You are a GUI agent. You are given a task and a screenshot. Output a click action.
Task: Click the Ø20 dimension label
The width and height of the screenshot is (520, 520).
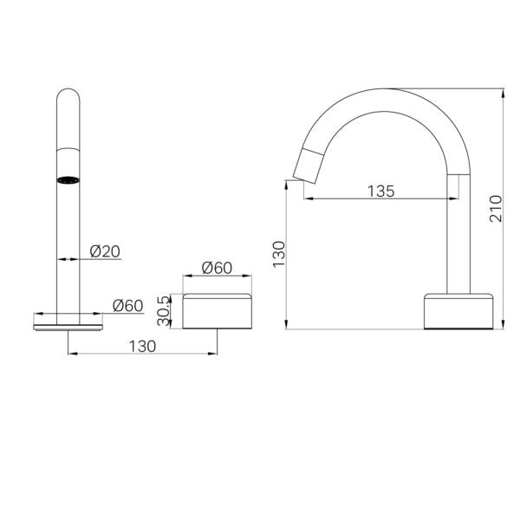[x=105, y=251]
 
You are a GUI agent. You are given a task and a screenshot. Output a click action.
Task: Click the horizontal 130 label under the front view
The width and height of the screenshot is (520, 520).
[x=141, y=346]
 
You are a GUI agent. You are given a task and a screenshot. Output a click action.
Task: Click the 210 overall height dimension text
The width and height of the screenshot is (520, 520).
[x=495, y=208]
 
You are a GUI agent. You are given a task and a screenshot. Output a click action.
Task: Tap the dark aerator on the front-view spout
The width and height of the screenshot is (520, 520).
[x=68, y=180]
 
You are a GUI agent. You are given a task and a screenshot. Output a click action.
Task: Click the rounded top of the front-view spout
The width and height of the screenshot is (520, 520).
[x=68, y=94]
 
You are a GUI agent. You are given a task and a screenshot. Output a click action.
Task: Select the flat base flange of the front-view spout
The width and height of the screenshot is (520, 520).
[x=68, y=323]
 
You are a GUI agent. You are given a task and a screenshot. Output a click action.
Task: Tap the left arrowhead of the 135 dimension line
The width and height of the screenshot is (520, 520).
[x=306, y=199]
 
